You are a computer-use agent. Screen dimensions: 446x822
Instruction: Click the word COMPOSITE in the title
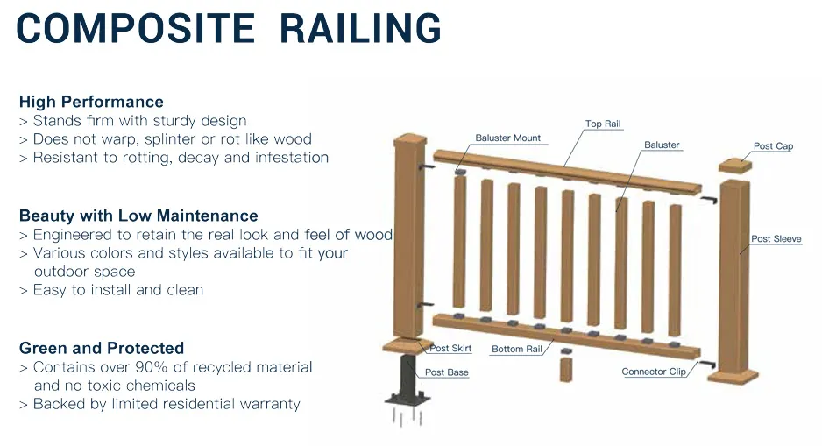click(136, 29)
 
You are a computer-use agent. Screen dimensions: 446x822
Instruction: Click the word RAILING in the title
click(360, 29)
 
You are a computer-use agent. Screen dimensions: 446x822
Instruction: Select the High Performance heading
click(91, 102)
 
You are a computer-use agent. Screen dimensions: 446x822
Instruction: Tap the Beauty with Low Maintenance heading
click(138, 216)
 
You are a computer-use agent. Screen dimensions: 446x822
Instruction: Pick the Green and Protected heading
click(102, 348)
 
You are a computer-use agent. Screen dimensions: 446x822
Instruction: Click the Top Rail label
click(603, 124)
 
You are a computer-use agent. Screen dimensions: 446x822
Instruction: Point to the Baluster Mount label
click(508, 138)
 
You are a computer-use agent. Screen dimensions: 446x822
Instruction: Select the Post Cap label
click(773, 146)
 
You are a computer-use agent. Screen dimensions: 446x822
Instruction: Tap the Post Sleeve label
click(776, 239)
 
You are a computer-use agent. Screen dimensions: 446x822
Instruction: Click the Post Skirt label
click(450, 348)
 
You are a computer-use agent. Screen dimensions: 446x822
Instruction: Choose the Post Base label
click(447, 372)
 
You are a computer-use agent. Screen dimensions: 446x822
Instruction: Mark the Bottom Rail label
click(517, 349)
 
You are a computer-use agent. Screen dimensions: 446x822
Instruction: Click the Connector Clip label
click(653, 372)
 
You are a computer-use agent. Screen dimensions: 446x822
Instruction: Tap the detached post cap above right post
click(735, 166)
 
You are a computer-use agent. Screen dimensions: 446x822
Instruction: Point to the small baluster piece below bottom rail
click(565, 367)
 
